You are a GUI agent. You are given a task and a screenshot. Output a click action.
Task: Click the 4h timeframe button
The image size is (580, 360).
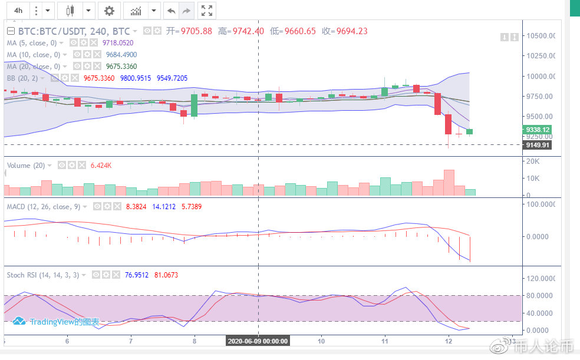[18, 11]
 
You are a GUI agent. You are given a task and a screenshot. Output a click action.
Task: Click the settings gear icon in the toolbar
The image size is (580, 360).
[108, 11]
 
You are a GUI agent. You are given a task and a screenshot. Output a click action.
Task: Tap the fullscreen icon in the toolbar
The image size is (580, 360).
[206, 11]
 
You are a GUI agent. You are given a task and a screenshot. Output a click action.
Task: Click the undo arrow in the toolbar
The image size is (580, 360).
[171, 11]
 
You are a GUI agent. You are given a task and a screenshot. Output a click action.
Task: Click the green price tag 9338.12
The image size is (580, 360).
[537, 130]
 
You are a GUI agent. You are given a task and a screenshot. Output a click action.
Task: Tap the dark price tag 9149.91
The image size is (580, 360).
[537, 144]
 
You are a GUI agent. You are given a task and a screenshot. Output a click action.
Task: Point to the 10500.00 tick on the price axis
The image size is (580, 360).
[541, 35]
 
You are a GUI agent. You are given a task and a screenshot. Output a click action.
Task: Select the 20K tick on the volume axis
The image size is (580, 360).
[533, 161]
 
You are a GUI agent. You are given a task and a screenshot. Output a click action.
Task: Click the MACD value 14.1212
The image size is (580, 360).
[148, 207]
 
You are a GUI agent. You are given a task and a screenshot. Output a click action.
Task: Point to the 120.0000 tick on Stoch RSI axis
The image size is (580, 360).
[541, 278]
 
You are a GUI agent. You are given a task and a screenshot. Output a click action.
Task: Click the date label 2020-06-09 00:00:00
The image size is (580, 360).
[258, 341]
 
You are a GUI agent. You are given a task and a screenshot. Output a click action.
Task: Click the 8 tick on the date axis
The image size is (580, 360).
[194, 341]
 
